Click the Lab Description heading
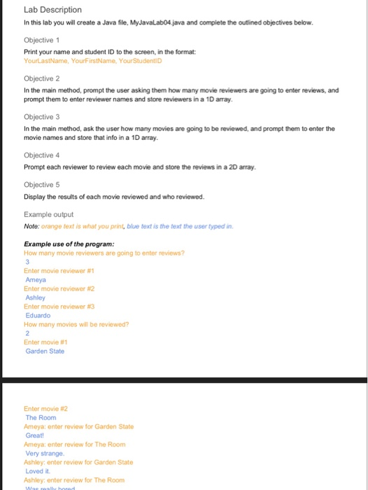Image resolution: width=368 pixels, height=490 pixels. [52, 10]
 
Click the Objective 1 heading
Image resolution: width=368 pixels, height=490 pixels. [43, 41]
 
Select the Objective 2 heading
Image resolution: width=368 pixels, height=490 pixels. [43, 79]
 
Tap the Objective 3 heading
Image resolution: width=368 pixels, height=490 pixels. [43, 117]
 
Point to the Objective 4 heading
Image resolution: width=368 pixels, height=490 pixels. [43, 155]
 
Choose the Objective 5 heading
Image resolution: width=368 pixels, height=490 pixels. [43, 184]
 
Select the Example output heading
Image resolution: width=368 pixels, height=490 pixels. [48, 214]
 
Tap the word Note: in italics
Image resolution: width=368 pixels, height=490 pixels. [31, 226]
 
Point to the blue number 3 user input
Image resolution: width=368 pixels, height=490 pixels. [27, 262]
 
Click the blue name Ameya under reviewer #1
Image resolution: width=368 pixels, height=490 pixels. [36, 279]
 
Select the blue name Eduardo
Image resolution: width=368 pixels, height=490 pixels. [38, 315]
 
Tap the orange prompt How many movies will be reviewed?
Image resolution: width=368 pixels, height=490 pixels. [76, 324]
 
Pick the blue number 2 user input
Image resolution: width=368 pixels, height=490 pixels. [27, 333]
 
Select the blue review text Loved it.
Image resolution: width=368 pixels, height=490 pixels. [36, 470]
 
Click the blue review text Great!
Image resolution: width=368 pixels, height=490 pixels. [35, 434]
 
